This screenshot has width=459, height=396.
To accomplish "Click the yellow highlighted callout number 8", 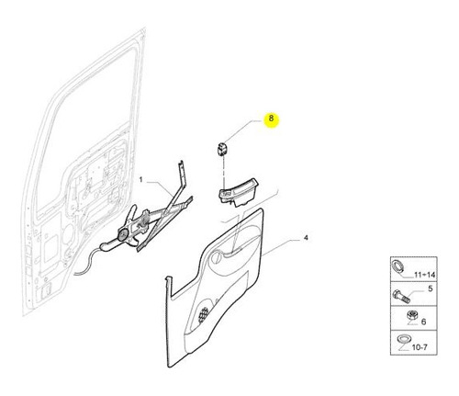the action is pos(271,118).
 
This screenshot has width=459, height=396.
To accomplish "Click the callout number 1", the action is pos(140,179).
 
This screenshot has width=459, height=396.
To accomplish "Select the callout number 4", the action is pos(306,237).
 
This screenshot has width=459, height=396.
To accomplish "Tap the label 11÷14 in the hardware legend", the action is pos(424,275).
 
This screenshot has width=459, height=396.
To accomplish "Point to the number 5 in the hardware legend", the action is pos(431,289).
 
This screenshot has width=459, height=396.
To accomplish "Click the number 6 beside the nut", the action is pos(423,322).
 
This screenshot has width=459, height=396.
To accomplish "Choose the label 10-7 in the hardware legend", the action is pos(420,347).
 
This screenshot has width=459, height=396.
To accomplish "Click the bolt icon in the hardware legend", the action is pos(401,296).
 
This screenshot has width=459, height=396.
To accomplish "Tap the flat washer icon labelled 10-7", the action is pos(401,339).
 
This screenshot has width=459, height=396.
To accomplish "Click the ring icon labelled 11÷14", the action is pos(398,265).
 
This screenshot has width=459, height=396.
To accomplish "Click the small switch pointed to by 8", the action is pos(222,149).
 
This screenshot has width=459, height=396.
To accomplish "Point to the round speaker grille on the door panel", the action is pos(203,314).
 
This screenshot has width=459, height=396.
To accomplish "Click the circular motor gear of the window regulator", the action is pos(123,235).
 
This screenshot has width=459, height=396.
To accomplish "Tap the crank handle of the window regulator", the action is pos(107,246).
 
